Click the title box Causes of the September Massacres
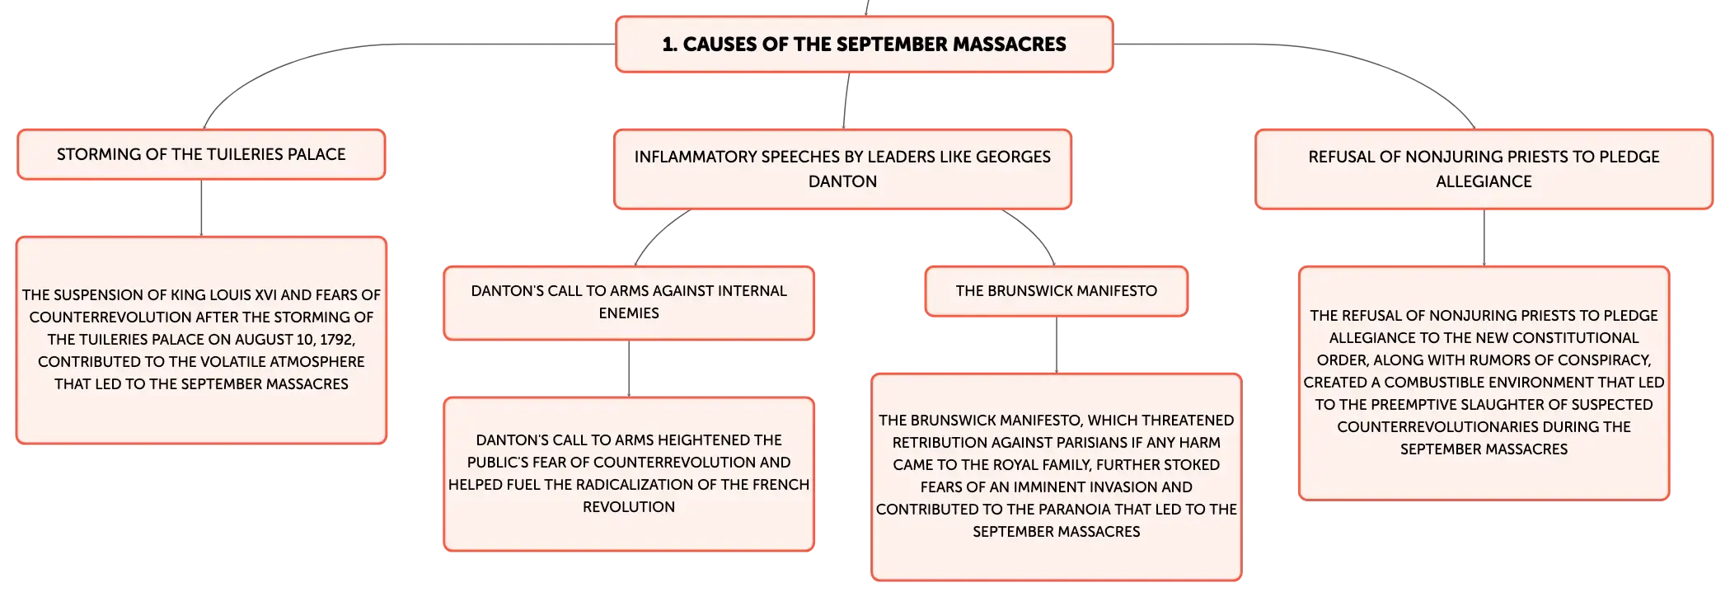865,45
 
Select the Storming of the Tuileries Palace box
201,154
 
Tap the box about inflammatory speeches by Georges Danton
842,169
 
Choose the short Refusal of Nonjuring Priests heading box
1484,169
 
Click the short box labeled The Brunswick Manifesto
1057,291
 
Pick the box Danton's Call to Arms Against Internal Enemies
629,303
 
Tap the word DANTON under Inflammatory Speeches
842,181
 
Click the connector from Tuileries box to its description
201,208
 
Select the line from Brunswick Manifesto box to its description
1057,345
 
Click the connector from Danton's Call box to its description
629,369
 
